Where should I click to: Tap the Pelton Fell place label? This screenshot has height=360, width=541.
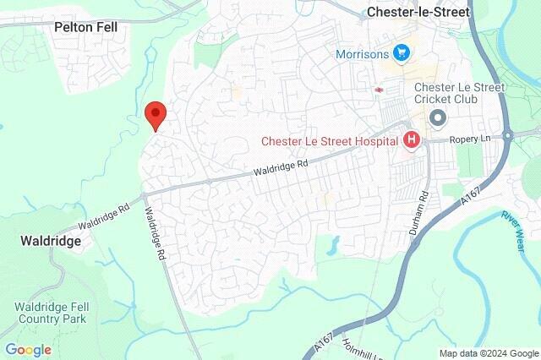[x=85, y=27]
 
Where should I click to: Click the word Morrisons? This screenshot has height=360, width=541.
[x=361, y=54]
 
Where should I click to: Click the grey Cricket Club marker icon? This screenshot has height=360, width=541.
[x=437, y=117]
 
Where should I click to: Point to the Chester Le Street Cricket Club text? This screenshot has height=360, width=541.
[x=459, y=93]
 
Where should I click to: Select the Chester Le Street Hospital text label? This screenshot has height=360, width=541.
[x=331, y=140]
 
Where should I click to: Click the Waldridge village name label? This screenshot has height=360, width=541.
[x=52, y=242]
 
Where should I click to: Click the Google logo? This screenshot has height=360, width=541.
[x=28, y=349]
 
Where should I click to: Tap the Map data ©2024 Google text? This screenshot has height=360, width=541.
[x=489, y=352]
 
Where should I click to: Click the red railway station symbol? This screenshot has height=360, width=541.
[x=378, y=88]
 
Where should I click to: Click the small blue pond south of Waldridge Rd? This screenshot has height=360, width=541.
[x=335, y=244]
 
